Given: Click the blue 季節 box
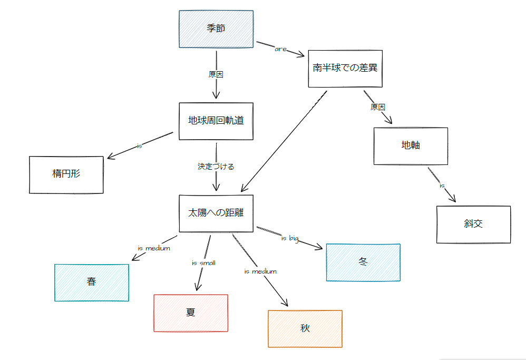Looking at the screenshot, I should [216, 29].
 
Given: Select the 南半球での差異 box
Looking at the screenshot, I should [345, 69].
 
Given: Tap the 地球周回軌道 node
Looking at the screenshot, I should [216, 121].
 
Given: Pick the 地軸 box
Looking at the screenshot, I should [411, 146].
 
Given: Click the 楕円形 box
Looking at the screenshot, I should [66, 174].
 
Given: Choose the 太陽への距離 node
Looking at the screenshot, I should [216, 213].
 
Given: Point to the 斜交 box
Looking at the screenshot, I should [473, 225].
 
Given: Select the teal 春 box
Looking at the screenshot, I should [92, 283].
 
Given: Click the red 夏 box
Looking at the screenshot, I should [191, 313].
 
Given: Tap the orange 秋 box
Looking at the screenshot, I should [305, 329].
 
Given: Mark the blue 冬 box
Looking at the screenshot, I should [363, 262].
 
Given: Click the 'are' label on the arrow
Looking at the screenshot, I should [280, 49].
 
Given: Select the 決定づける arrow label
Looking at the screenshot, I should [216, 167].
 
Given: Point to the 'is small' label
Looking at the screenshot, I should [203, 262].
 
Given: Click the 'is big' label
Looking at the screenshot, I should [290, 239].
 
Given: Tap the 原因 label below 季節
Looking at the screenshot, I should [216, 74].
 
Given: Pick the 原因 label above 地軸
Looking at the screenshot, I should [378, 107].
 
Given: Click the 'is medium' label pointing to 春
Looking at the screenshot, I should [154, 248].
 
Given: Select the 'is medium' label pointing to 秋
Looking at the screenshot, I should [260, 271].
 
